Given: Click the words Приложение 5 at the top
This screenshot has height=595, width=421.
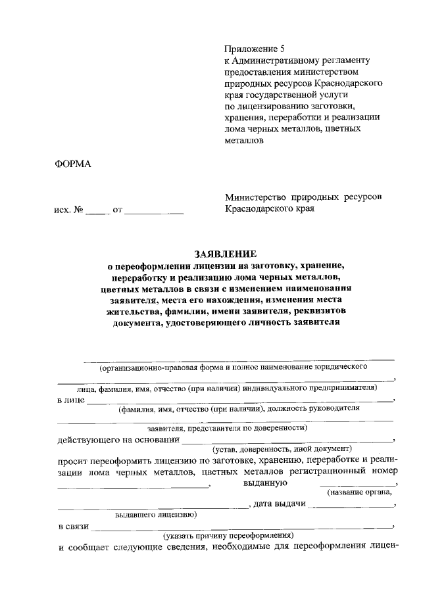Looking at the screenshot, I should click(256, 49).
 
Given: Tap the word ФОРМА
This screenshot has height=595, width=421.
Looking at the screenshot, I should click(72, 164).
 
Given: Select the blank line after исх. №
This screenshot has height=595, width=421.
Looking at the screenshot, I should click(95, 213).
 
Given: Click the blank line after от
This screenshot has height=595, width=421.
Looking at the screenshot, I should click(154, 213).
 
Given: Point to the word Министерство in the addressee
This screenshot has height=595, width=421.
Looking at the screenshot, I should click(255, 197).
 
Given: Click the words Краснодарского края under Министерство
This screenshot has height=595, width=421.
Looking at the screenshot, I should click(270, 209).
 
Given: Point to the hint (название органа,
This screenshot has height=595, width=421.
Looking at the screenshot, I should click(359, 492).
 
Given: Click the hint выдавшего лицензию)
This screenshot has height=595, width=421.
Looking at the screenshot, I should click(156, 514).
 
